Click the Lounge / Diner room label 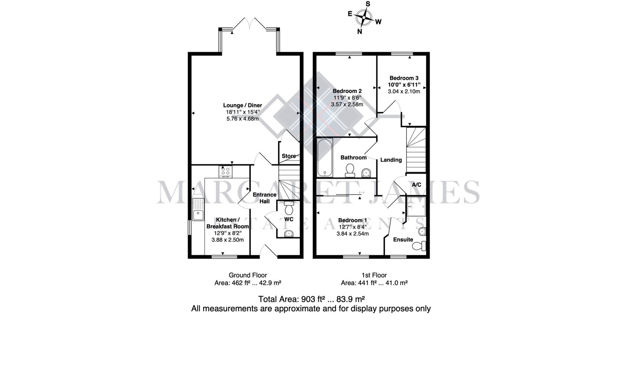pyautogui.click(x=242, y=105)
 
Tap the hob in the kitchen pyautogui.click(x=225, y=172)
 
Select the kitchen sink pyautogui.click(x=198, y=210)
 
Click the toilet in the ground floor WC pyautogui.click(x=289, y=208)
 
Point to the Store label pyautogui.click(x=288, y=156)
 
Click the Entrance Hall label pyautogui.click(x=264, y=198)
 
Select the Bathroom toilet pyautogui.click(x=350, y=170)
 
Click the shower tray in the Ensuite pyautogui.click(x=416, y=207)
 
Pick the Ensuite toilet pyautogui.click(x=419, y=246)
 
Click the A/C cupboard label pyautogui.click(x=416, y=185)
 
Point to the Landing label pyautogui.click(x=391, y=160)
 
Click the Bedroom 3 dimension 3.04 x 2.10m pyautogui.click(x=404, y=91)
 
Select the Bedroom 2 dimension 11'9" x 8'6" pyautogui.click(x=347, y=98)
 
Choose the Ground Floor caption pyautogui.click(x=248, y=275)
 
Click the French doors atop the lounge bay pyautogui.click(x=249, y=24)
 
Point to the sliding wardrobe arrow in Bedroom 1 pyautogui.click(x=361, y=193)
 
